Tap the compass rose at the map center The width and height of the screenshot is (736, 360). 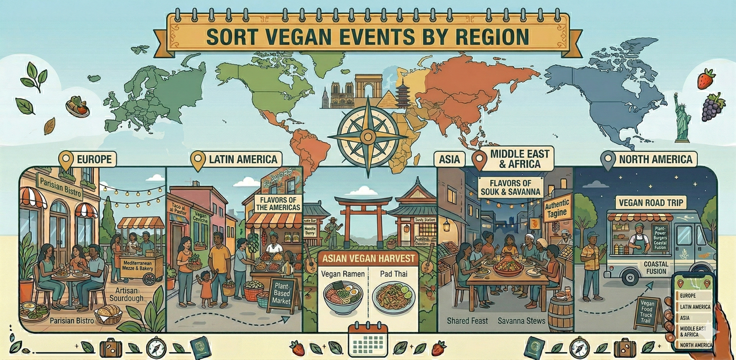[x=368, y=135]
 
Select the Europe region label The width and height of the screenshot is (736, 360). [x=94, y=160]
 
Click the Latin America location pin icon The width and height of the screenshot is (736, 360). [x=198, y=160]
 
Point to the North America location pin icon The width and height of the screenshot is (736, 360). [x=608, y=160]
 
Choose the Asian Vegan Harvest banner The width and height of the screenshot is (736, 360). [x=368, y=258]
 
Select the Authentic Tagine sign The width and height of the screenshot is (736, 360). [x=557, y=209]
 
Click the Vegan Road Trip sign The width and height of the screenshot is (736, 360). [x=650, y=202]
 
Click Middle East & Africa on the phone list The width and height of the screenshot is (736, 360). [x=693, y=331]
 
